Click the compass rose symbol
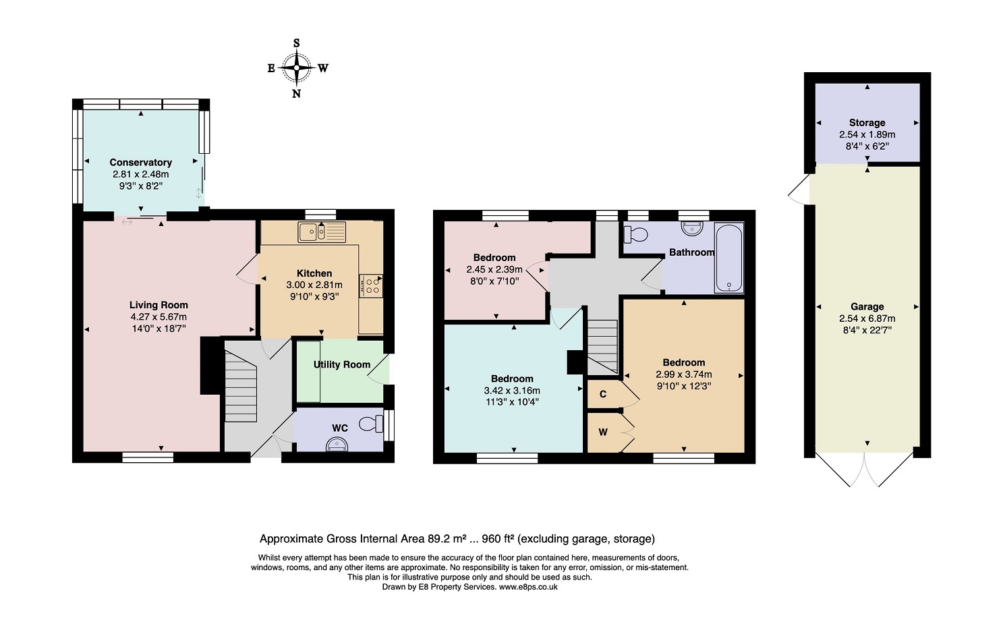click(296, 68)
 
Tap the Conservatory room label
click(140, 162)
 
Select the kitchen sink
click(322, 231)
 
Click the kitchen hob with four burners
click(371, 286)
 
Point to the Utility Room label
click(342, 364)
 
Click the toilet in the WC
click(371, 423)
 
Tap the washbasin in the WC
click(337, 444)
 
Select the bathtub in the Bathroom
click(729, 258)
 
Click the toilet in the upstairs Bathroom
click(636, 234)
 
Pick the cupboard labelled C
click(604, 394)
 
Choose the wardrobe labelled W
click(604, 433)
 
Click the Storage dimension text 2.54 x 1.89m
click(867, 134)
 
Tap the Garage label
click(867, 307)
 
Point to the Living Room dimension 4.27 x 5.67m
click(159, 316)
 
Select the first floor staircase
click(603, 347)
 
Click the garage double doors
click(864, 470)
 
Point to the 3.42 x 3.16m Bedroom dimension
click(512, 391)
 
